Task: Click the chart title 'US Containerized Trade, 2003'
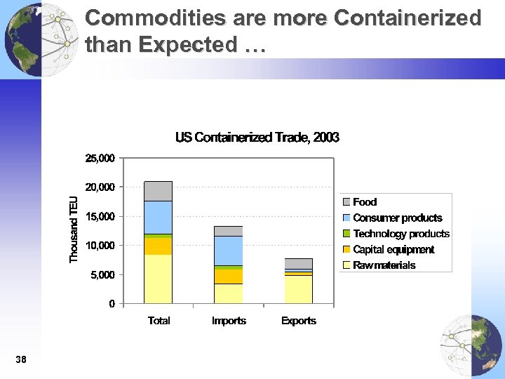[257, 138]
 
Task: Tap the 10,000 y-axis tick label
[100, 246]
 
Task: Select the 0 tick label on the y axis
[112, 304]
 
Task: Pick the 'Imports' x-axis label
[229, 321]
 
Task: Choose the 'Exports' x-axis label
[299, 321]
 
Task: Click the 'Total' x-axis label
[159, 321]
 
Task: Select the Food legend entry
[365, 202]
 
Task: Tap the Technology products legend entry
[400, 234]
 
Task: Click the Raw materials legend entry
[384, 265]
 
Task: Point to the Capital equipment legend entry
[393, 249]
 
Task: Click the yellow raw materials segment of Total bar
[159, 279]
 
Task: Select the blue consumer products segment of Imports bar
[229, 251]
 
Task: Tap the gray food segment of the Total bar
[159, 191]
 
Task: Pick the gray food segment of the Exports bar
[299, 263]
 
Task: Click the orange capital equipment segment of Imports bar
[229, 276]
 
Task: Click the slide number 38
[20, 360]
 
